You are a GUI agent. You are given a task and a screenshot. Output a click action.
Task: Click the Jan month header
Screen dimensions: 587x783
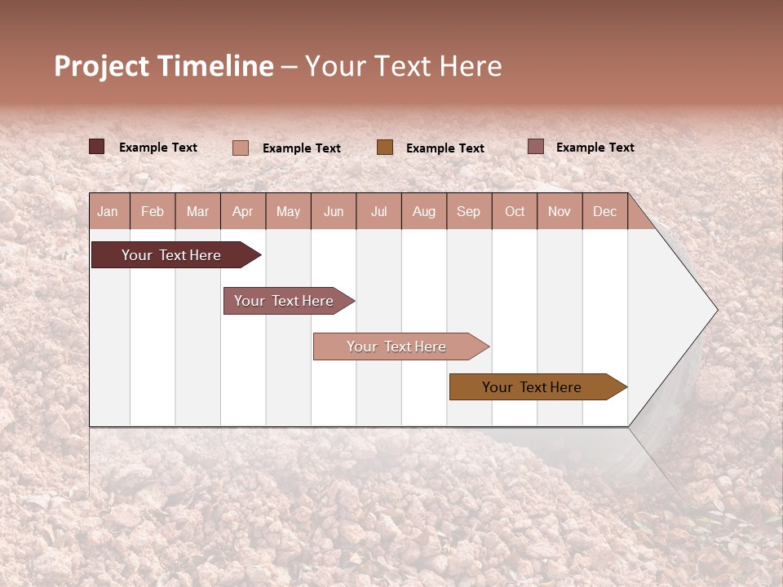pos(108,211)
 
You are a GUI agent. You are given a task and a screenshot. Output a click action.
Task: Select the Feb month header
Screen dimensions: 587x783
pos(153,211)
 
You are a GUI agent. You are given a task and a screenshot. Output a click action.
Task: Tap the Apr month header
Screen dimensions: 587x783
pos(243,211)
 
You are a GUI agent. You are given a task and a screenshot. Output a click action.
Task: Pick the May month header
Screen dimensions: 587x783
pos(288,211)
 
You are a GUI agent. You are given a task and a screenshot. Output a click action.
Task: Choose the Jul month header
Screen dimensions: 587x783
pos(378,211)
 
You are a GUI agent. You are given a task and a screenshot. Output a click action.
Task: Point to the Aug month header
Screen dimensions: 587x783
pos(424,211)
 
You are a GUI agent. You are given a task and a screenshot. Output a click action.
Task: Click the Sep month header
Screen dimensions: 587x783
pos(469,211)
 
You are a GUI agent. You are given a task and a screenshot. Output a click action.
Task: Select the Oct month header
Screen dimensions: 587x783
pos(515,211)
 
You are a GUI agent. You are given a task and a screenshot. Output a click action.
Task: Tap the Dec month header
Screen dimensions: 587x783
pos(605,211)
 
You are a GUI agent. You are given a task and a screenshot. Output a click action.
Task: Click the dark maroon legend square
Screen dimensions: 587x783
pos(97,147)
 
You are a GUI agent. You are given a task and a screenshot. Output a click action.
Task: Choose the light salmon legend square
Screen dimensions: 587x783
pos(241,148)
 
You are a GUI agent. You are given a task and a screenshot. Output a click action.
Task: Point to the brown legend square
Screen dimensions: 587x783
pos(385,147)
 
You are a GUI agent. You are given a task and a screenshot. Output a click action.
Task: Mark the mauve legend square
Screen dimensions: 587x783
pos(536,147)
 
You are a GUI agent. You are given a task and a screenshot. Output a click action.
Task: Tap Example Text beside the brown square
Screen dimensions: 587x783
pos(445,148)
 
